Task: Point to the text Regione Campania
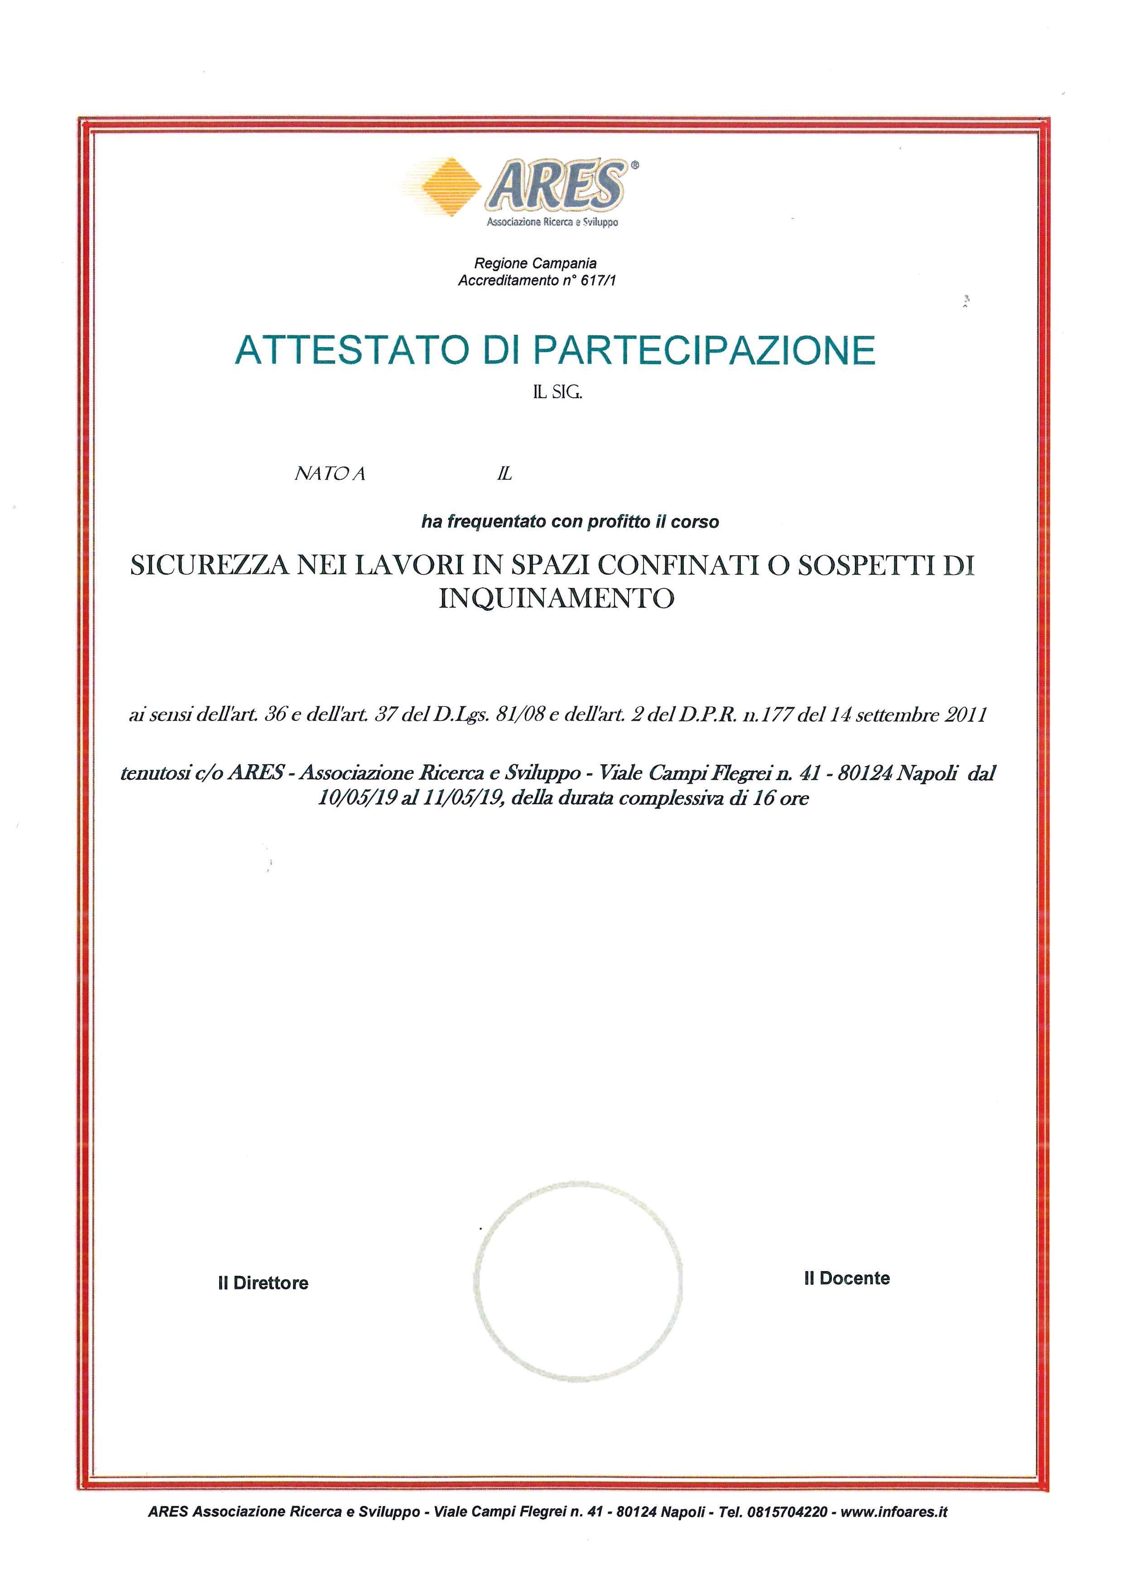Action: (535, 263)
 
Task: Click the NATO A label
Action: (330, 474)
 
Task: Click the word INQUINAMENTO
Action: (557, 597)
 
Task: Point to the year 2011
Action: (965, 715)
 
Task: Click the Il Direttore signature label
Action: (263, 1283)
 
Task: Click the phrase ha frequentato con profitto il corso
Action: (570, 522)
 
